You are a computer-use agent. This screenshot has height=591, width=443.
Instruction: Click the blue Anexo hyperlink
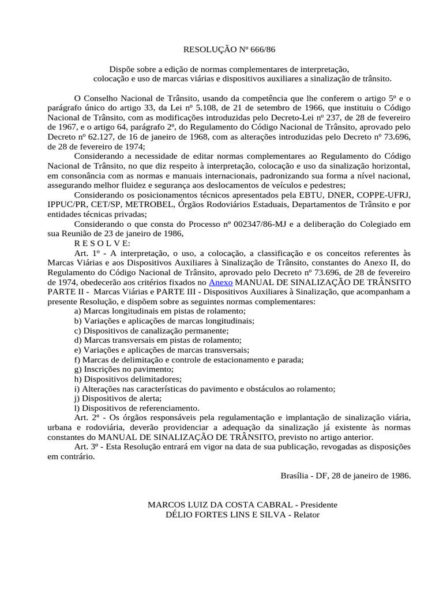click(220, 282)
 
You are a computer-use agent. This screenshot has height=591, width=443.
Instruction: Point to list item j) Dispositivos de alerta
click(118, 398)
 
